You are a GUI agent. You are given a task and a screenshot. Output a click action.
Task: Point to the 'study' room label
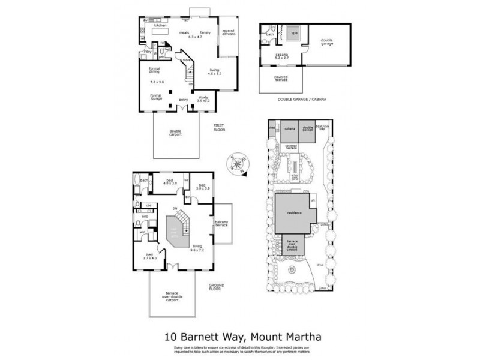pyautogui.click(x=204, y=98)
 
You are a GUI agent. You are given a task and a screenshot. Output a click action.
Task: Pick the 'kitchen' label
pyautogui.click(x=160, y=26)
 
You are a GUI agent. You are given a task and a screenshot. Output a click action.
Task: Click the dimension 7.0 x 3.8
pyautogui.click(x=157, y=81)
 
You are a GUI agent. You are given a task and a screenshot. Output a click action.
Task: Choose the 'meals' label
pyautogui.click(x=193, y=32)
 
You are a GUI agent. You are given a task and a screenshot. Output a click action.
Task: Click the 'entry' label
pyautogui.click(x=183, y=100)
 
